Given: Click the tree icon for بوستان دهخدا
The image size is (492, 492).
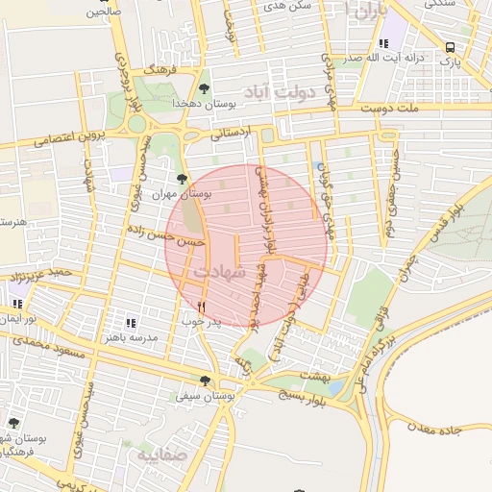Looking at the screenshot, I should (204, 89).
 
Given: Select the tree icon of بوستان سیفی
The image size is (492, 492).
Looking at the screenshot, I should (204, 381).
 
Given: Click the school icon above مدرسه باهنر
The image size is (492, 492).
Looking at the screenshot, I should (131, 323).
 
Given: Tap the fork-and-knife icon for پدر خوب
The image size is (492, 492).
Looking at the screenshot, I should (201, 307).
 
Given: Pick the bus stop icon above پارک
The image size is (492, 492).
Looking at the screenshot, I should (450, 46).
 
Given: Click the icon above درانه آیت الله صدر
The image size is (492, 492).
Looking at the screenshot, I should (384, 43).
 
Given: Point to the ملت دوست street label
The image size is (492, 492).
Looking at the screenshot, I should (391, 110).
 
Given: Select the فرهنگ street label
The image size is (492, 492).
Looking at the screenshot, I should (160, 71).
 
